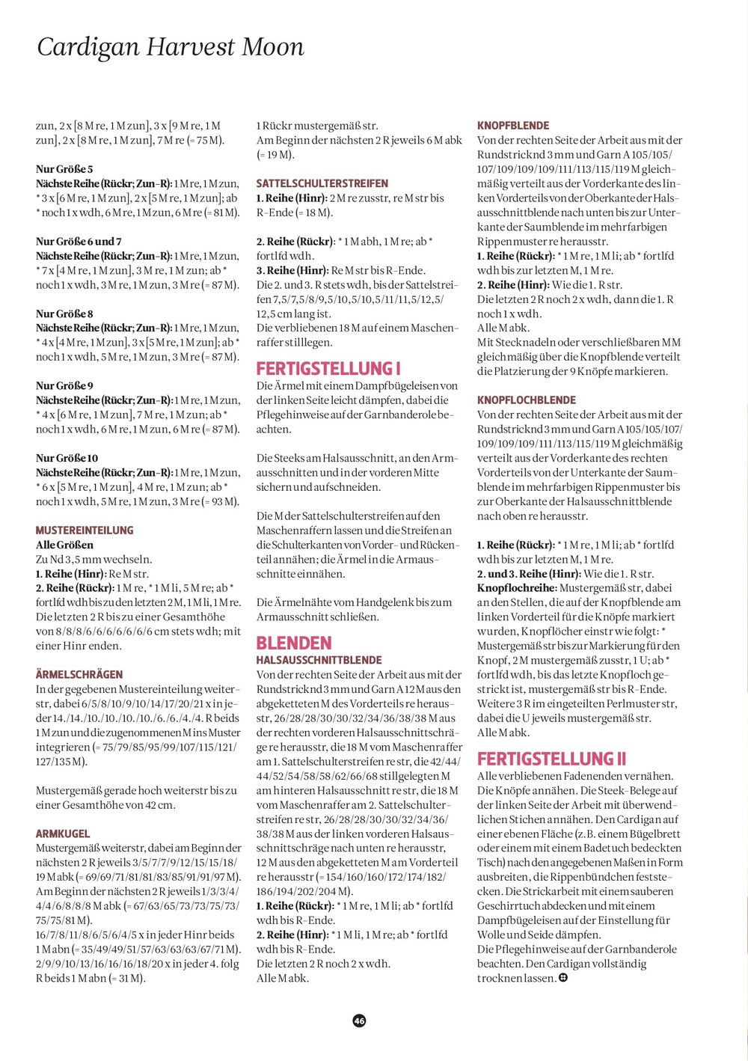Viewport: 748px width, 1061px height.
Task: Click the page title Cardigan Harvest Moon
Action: pos(171,47)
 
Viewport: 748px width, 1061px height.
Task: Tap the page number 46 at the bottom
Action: pos(359,1021)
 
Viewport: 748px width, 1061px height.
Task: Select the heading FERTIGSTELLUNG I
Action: pos(328,368)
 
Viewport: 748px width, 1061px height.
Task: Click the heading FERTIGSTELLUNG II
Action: pos(552,759)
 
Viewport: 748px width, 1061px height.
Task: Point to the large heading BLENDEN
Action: pos(294,643)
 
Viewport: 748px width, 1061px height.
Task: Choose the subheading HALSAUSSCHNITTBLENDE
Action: pos(319,660)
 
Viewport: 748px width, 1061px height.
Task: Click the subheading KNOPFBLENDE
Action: pos(513,126)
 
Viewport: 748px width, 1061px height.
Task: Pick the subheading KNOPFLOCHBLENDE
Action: pos(527,400)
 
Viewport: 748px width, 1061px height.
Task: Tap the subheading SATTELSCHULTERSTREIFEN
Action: pos(322,183)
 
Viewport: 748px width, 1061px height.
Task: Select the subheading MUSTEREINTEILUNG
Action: pos(85,530)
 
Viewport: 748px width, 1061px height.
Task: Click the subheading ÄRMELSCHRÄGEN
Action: pos(79,675)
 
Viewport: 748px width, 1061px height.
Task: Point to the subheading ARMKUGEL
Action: pos(63,834)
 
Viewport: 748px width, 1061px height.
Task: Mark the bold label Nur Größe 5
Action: pos(64,169)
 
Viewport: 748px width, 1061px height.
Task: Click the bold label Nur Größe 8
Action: pos(64,314)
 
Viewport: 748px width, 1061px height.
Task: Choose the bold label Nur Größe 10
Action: pos(67,458)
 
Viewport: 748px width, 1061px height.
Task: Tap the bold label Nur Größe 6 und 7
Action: pos(79,242)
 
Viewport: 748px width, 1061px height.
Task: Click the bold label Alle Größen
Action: pos(64,545)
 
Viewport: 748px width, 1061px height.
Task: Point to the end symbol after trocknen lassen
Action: pos(563,978)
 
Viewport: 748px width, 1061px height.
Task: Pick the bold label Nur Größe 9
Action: pos(64,386)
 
